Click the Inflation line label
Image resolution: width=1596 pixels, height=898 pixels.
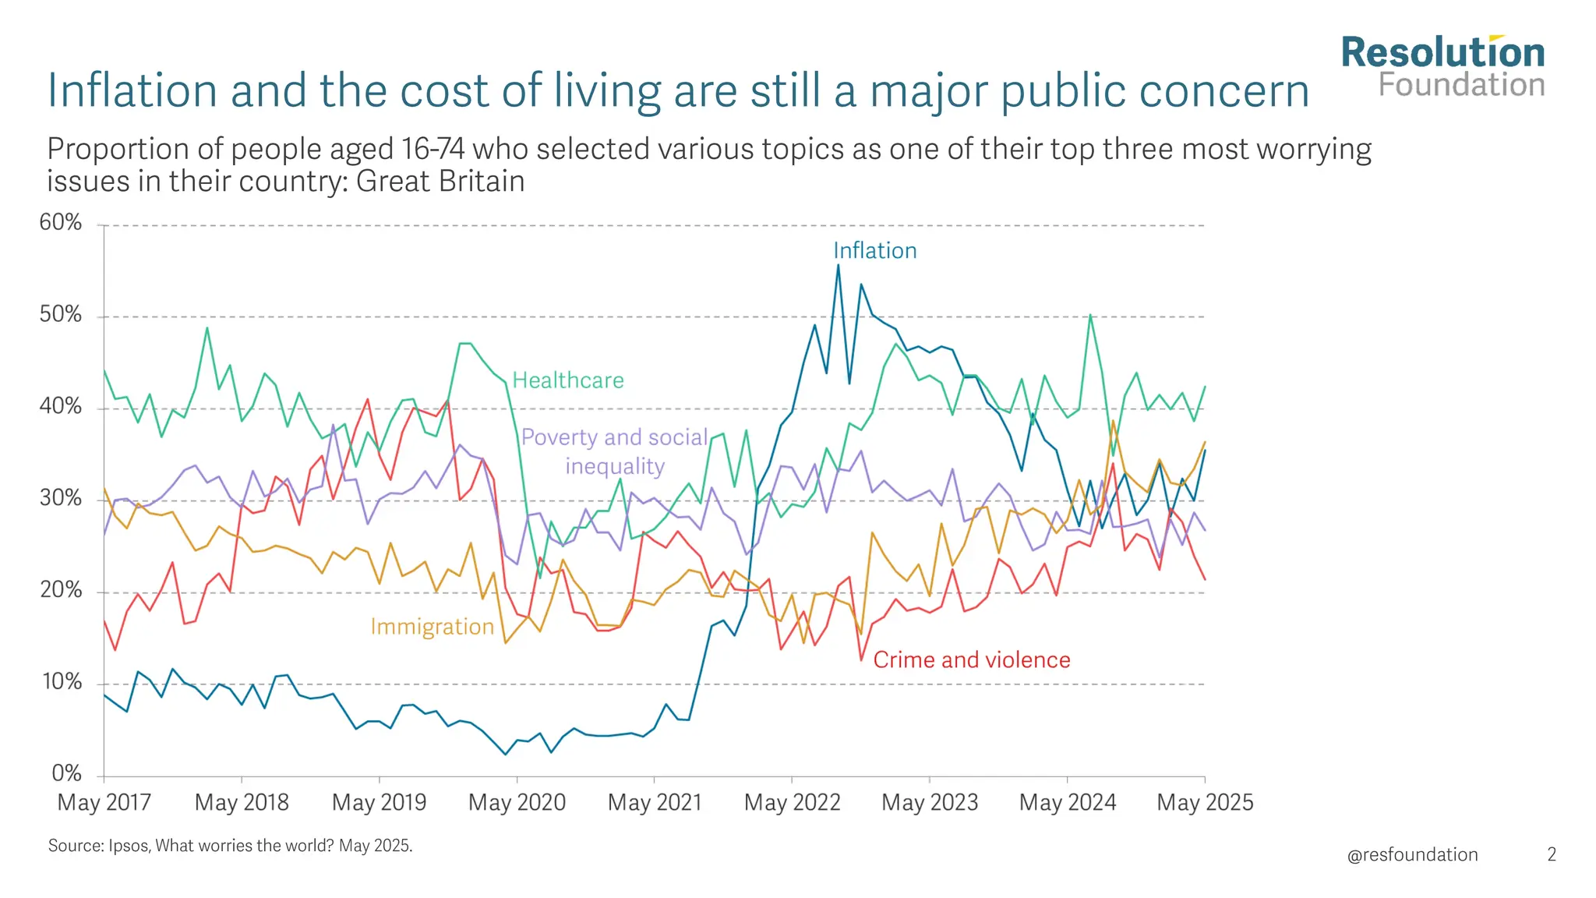pos(874,250)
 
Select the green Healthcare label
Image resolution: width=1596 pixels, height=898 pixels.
pos(567,380)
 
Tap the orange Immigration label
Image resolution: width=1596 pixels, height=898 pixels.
pos(432,627)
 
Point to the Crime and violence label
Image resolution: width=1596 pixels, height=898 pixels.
pos(971,660)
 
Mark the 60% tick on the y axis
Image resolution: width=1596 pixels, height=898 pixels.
pos(61,223)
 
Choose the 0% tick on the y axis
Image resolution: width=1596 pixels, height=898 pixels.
pos(66,773)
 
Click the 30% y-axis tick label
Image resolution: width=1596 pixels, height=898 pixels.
pos(61,498)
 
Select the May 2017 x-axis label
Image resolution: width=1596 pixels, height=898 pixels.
pos(104,802)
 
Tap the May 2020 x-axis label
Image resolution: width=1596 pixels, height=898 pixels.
pos(517,802)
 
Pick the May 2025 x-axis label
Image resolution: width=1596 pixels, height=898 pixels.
pos(1205,802)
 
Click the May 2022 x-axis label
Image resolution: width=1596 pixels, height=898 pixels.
pos(792,802)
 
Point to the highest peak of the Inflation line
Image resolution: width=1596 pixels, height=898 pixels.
pos(838,265)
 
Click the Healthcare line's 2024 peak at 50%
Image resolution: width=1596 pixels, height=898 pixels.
pos(1090,315)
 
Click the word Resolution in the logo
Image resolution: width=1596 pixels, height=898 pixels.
pos(1442,53)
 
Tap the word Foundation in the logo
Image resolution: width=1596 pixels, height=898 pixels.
pos(1461,85)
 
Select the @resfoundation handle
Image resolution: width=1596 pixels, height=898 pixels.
pos(1412,854)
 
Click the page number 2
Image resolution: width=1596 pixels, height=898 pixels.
pos(1552,854)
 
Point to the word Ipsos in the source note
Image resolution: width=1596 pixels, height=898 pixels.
pos(128,846)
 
